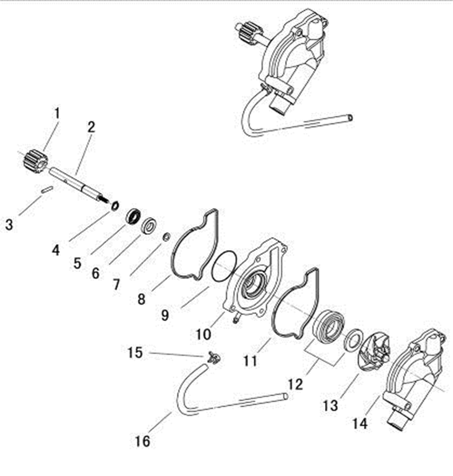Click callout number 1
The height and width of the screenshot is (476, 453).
(57, 114)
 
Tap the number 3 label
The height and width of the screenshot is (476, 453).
(9, 225)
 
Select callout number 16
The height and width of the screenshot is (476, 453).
(143, 441)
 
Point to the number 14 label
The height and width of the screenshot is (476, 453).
(360, 423)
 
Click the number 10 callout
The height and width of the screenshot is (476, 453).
(203, 334)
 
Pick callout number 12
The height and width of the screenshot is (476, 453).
(295, 384)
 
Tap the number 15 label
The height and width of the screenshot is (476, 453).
(135, 352)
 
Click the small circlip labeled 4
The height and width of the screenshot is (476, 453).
(115, 205)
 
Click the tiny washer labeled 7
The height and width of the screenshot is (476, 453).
(166, 237)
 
